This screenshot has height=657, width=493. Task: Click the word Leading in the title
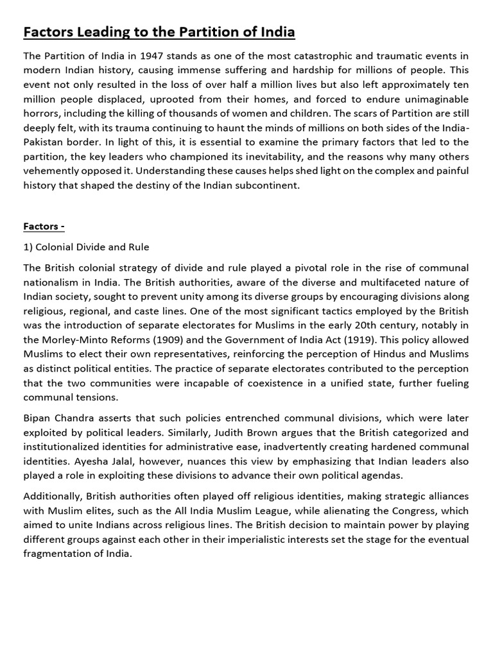coord(87,31)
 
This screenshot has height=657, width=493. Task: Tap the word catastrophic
coord(316,57)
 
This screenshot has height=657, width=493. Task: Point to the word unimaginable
coord(433,99)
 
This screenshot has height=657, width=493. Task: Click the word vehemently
coord(55,170)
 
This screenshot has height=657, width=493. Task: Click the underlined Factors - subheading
coord(44,226)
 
